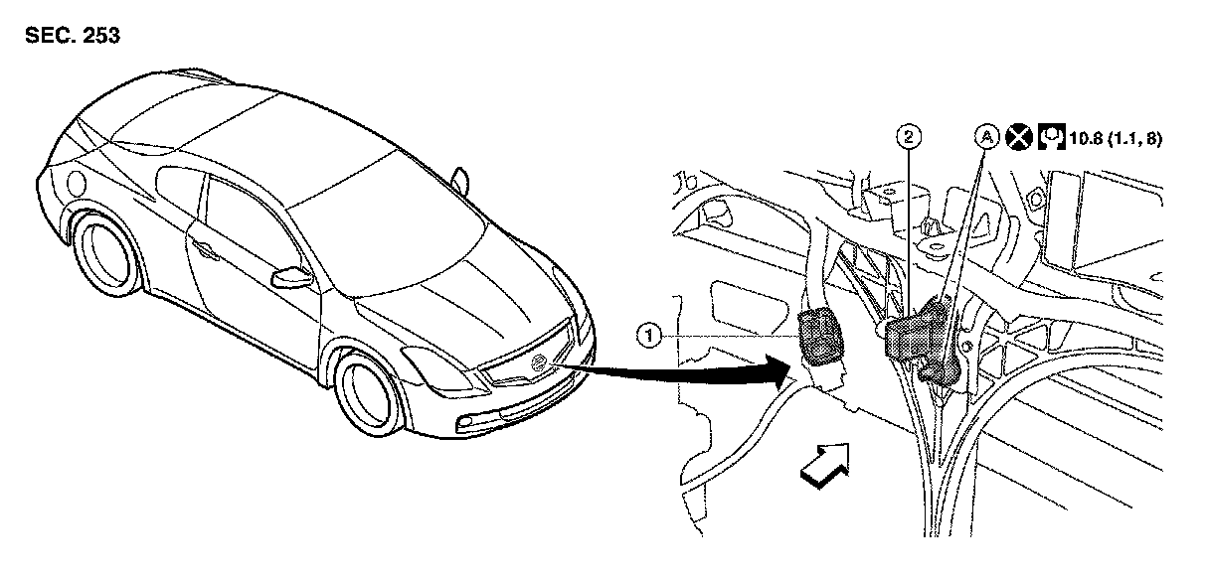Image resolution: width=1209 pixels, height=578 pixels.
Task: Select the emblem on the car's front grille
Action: [539, 362]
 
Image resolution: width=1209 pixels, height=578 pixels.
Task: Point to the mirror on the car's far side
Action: [459, 180]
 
